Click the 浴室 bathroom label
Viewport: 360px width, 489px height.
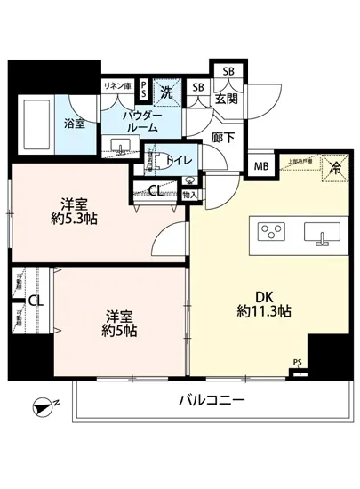74,124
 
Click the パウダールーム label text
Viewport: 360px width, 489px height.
142,121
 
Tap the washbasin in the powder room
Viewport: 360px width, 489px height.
118,146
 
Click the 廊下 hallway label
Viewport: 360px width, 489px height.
222,140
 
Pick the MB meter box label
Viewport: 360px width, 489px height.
260,166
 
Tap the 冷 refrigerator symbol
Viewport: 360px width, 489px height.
334,166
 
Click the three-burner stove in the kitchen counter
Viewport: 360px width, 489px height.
268,232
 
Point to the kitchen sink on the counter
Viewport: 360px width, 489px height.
321,233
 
